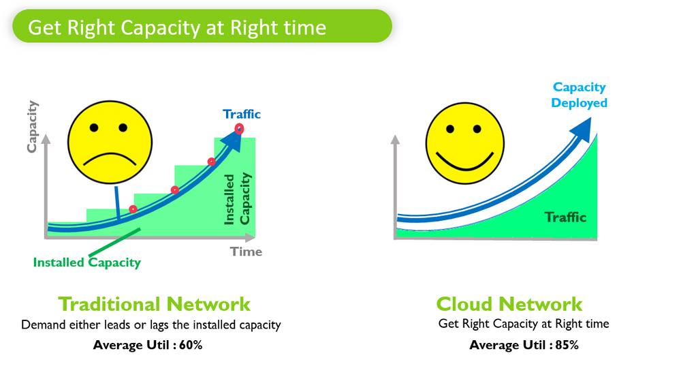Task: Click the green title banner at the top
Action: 202,27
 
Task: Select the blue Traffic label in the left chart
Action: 242,114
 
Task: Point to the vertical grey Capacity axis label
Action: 32,127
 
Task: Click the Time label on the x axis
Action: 246,252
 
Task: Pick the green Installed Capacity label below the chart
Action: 86,262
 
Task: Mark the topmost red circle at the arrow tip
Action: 239,128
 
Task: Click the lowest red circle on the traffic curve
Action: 133,209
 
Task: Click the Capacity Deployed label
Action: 579,95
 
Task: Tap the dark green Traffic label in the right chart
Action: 565,217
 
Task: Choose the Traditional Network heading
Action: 154,304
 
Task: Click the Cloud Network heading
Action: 509,304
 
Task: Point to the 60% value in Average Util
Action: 190,345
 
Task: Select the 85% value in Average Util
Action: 565,345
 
